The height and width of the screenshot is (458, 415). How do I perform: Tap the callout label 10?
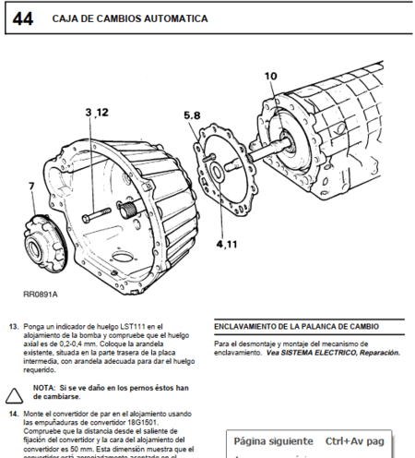[x=270, y=77]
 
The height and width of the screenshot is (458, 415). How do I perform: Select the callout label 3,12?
[x=97, y=112]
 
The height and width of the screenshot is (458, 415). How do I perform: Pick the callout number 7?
[x=30, y=187]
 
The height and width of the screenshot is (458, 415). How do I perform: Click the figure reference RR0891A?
[x=40, y=295]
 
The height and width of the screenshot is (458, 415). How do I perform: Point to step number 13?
[x=14, y=326]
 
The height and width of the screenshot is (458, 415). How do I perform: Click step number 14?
[x=14, y=413]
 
